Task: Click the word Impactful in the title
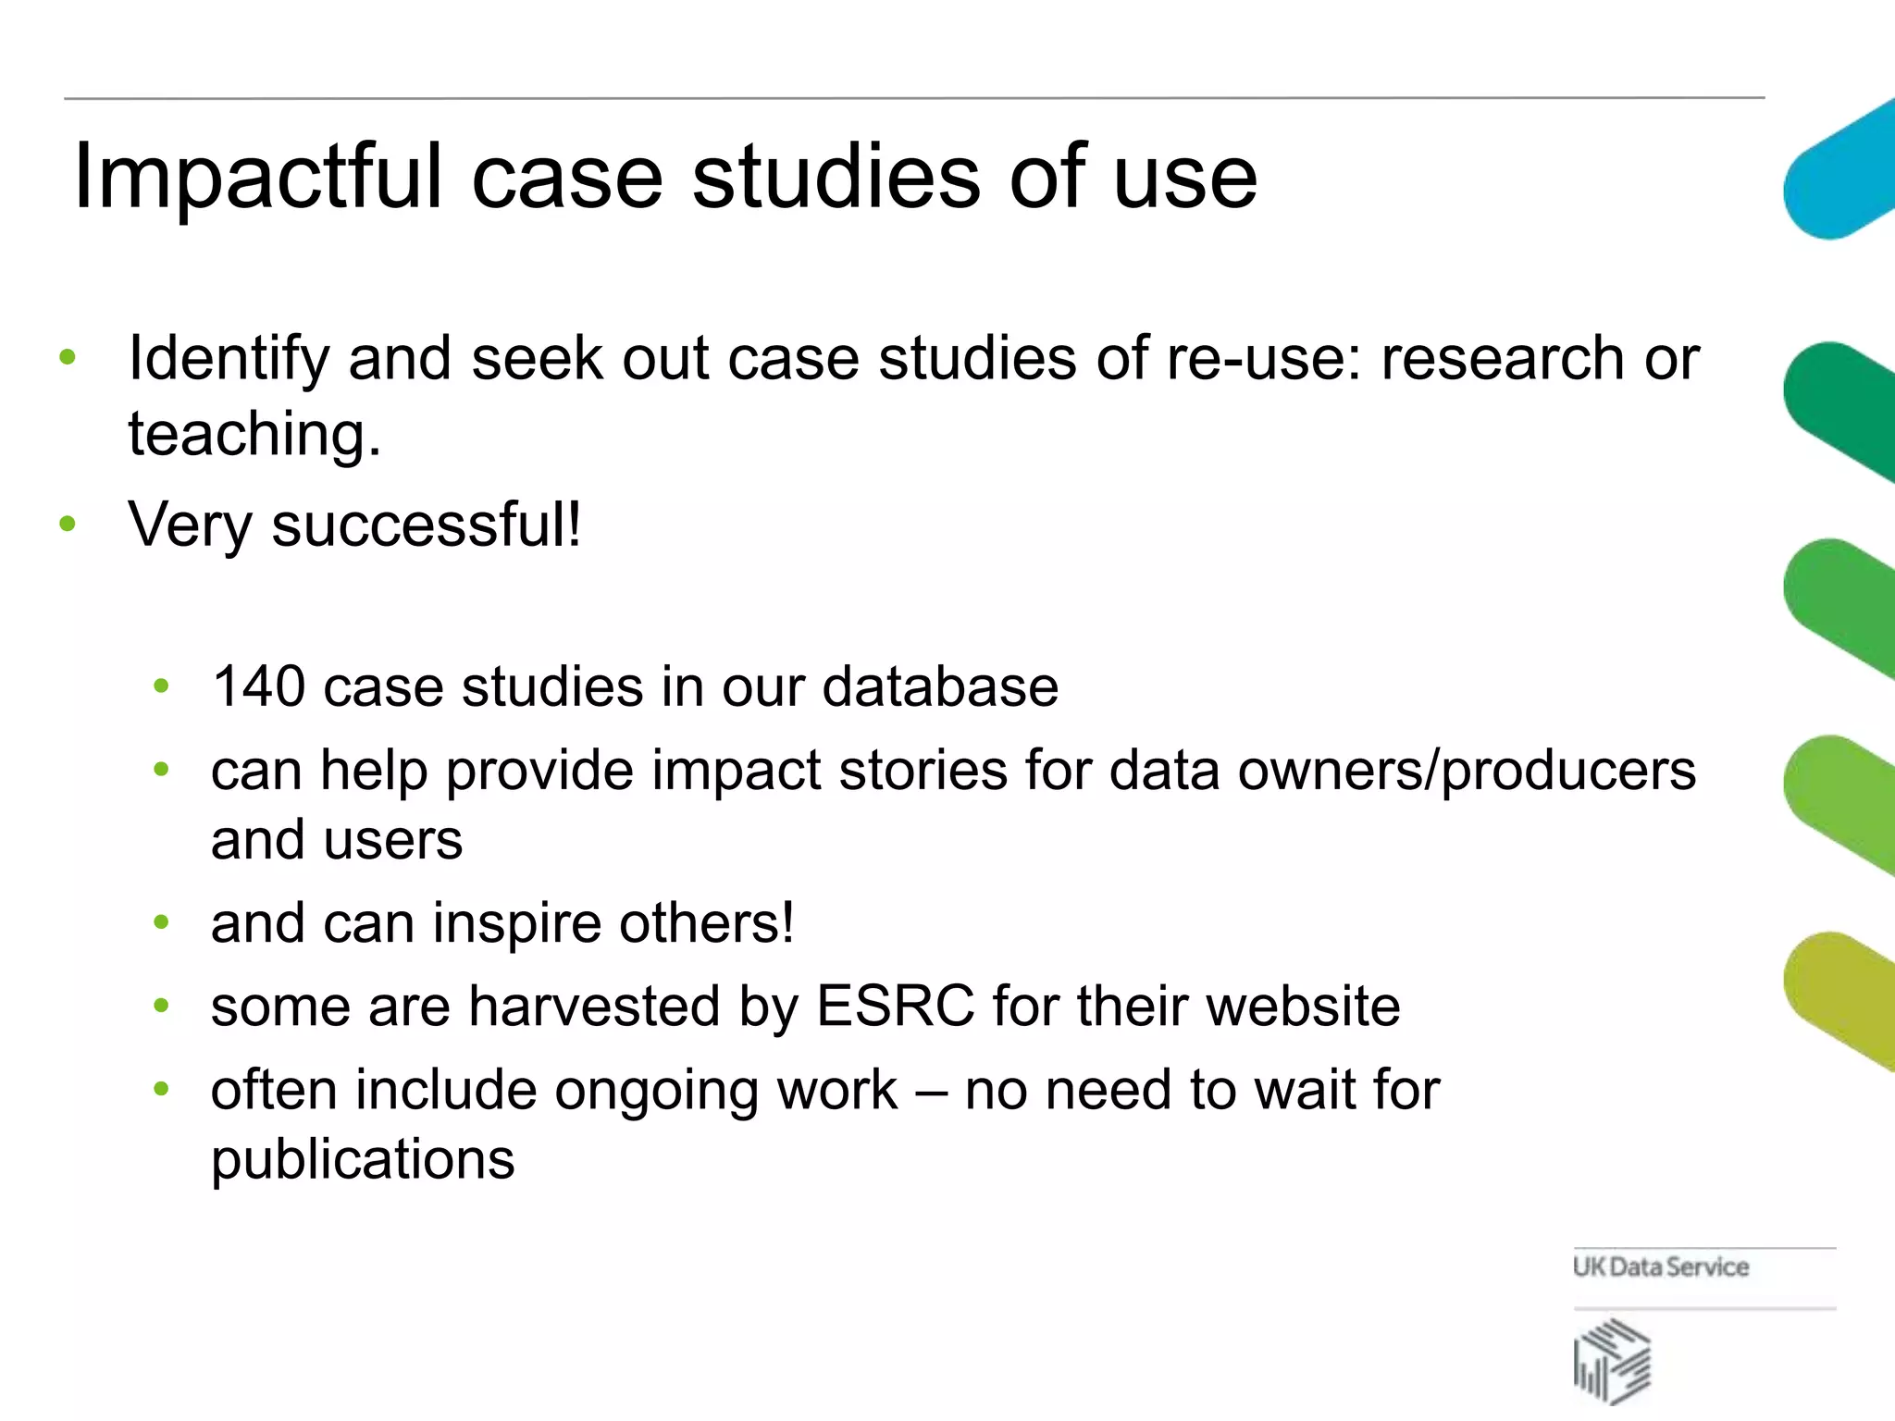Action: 257,178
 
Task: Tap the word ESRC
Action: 895,1006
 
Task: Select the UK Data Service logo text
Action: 1660,1267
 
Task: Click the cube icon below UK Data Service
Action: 1612,1361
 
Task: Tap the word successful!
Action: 426,525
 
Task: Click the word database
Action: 940,686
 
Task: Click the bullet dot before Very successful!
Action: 67,525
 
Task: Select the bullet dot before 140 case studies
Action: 162,686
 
